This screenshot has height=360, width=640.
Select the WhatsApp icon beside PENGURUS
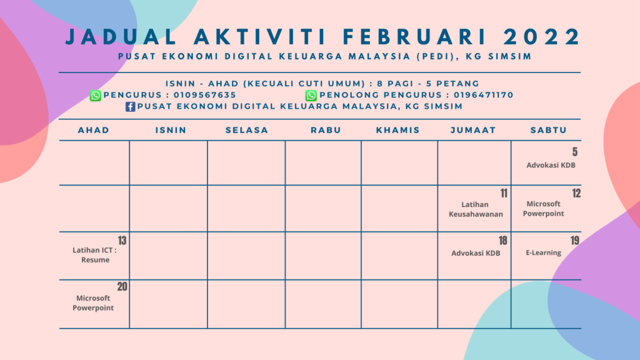[95, 95]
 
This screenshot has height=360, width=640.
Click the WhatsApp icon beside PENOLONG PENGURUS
[311, 95]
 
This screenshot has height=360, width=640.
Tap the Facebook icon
[131, 106]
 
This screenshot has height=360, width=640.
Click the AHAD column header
[94, 130]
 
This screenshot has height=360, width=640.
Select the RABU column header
[323, 130]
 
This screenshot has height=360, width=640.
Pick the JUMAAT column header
[473, 130]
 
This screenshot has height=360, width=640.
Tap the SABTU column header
[548, 130]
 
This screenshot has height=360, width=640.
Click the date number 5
[575, 152]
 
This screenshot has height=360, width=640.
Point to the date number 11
[503, 193]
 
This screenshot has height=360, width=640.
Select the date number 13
[122, 241]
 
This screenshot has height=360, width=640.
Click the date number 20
[122, 287]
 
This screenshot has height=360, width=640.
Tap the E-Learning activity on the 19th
[543, 253]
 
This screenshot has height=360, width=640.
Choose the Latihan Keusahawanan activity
[476, 209]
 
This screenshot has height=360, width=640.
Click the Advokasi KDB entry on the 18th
[476, 254]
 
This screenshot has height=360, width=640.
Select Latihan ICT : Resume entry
[95, 255]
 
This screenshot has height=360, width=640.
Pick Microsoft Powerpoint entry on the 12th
[543, 209]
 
